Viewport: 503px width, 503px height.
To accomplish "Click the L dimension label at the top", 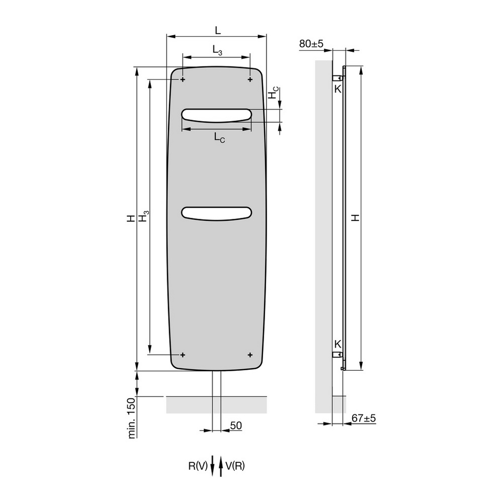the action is click(x=218, y=30).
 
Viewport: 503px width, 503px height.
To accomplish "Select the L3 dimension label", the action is click(x=217, y=50).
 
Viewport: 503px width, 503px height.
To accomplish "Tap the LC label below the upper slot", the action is click(x=219, y=138).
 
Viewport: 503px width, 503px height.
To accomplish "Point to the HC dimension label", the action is click(x=273, y=93).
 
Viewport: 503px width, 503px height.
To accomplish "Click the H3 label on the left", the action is click(x=143, y=216).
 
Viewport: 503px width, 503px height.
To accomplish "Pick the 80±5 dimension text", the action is click(x=311, y=44).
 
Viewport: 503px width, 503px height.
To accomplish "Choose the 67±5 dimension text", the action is click(x=364, y=418).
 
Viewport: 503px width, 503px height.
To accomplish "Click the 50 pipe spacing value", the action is click(x=236, y=426).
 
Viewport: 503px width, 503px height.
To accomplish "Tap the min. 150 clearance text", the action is click(x=131, y=418).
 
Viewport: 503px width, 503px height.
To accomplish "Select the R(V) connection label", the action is click(x=198, y=466).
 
